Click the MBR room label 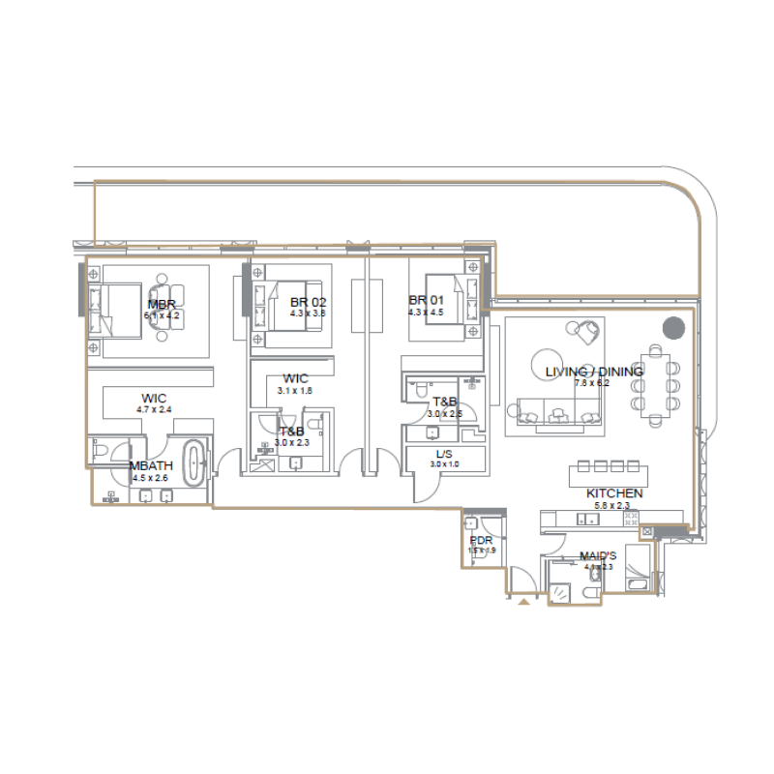pos(161,305)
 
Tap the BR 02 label pos(308,303)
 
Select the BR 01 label pos(427,301)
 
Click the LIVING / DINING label pos(593,372)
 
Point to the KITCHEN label pos(613,493)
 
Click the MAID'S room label pos(599,556)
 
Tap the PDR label pos(481,541)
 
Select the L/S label pos(445,454)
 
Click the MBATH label pos(150,465)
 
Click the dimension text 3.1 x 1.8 pos(295,390)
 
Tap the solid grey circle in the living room pos(672,328)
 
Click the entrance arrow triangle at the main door pos(524,602)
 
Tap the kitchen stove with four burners pos(632,521)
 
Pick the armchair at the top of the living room pos(586,332)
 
